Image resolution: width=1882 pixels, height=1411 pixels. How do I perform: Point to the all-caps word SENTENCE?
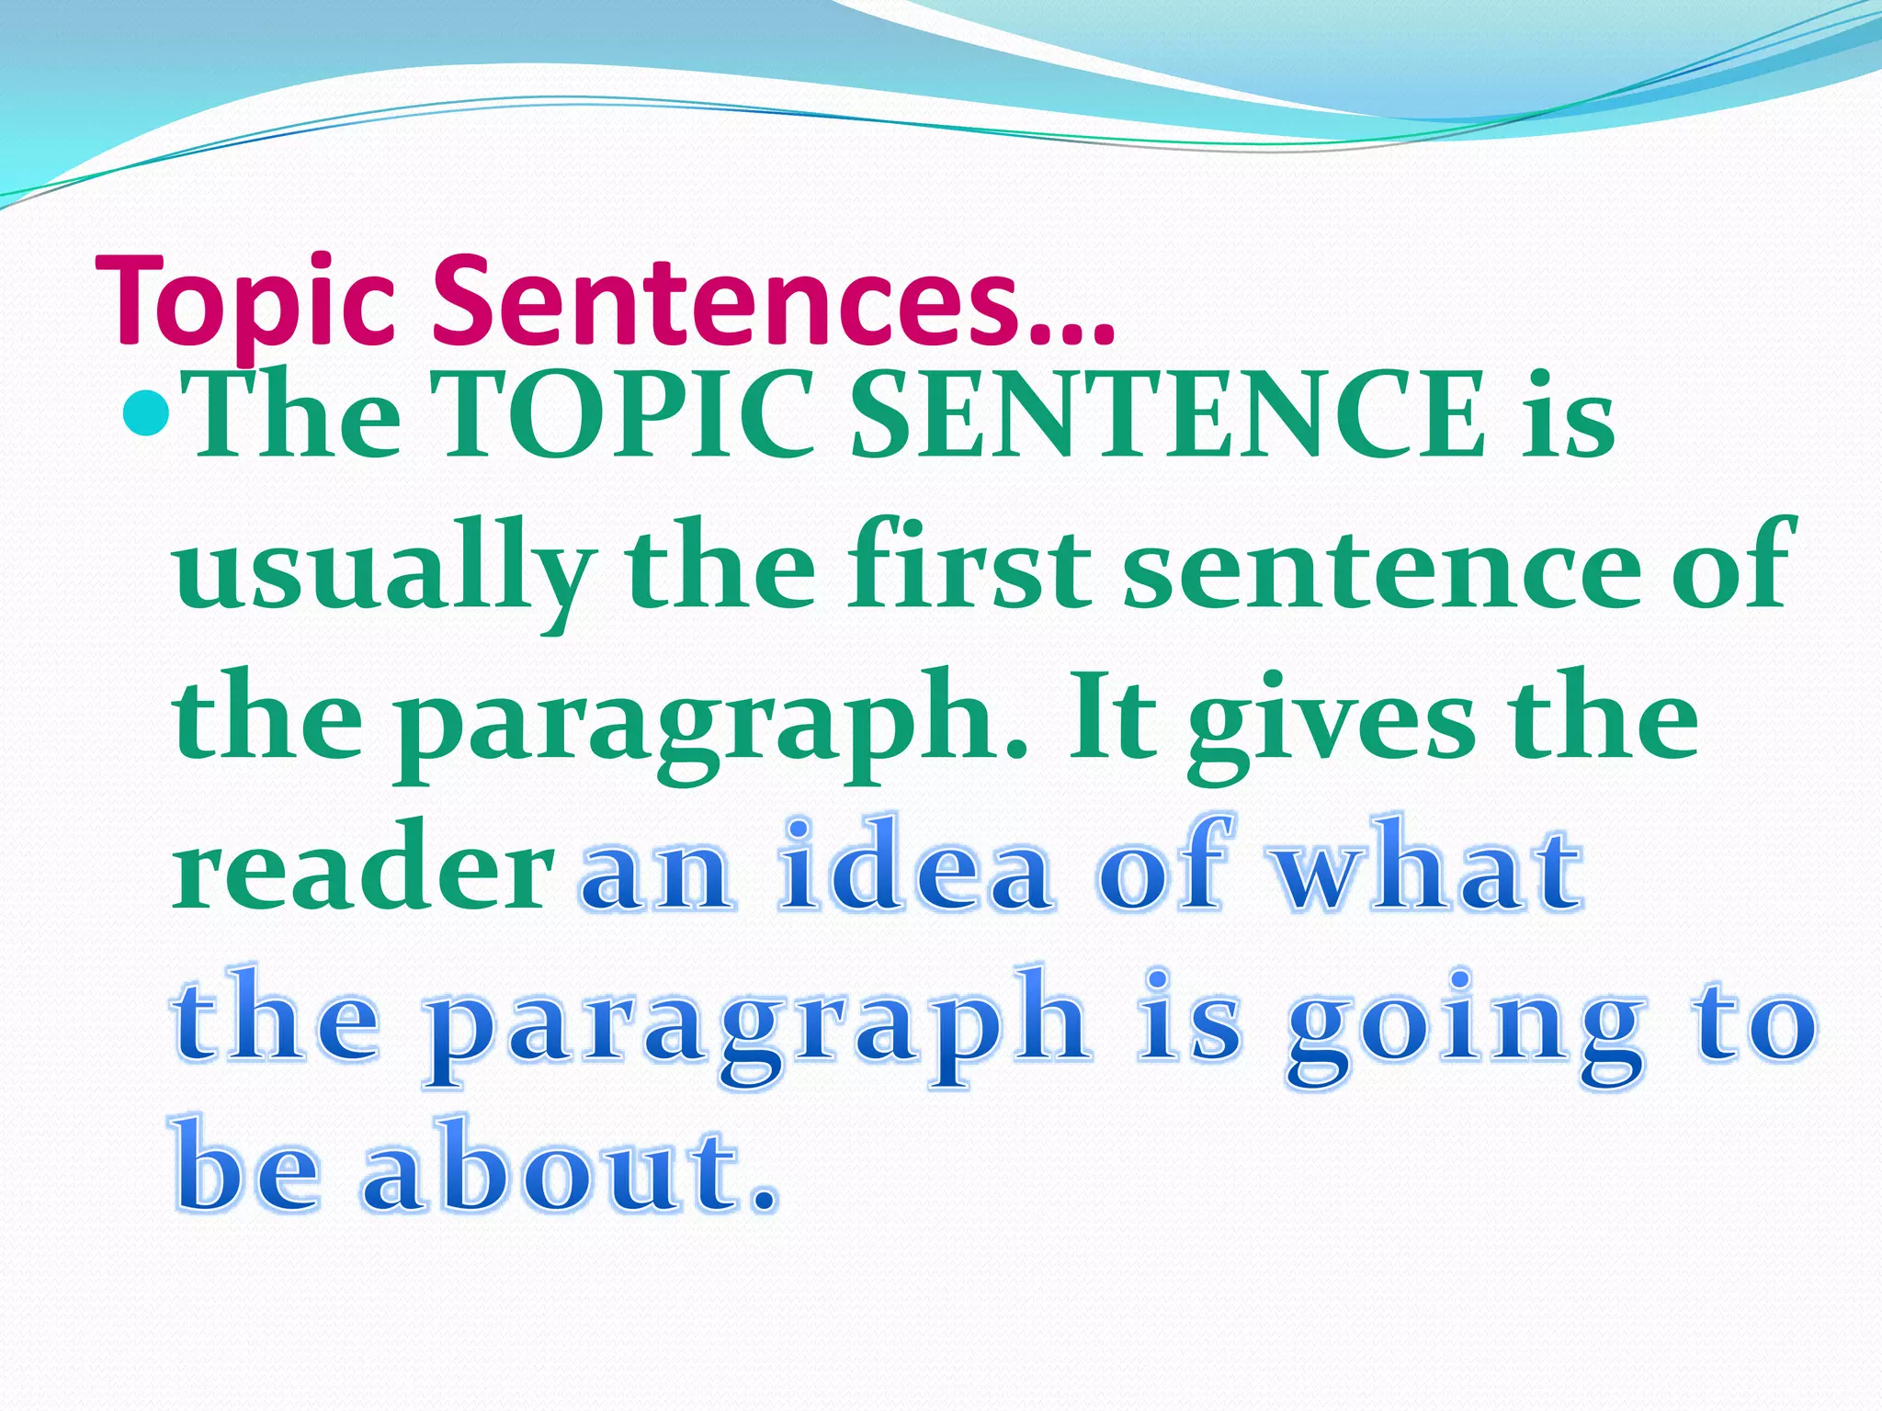click(1168, 415)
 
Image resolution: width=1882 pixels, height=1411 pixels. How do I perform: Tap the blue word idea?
click(914, 867)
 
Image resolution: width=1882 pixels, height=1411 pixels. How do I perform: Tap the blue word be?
click(248, 1167)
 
